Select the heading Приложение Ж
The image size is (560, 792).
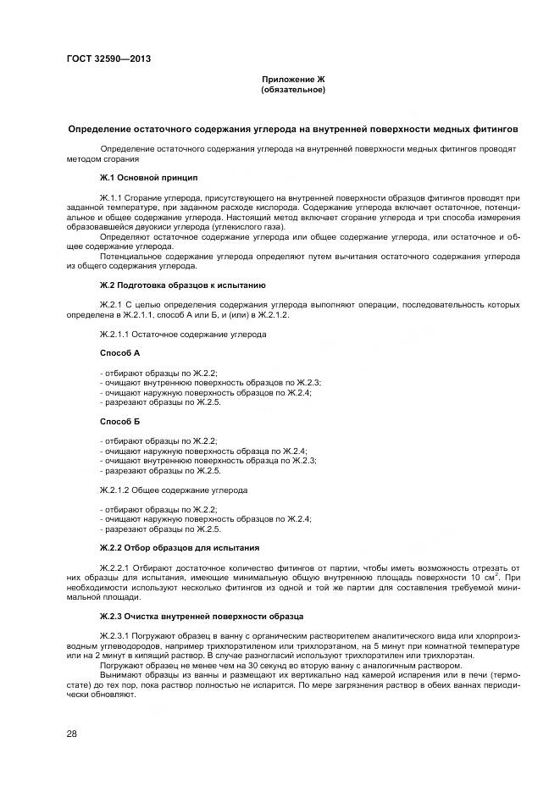coord(292,79)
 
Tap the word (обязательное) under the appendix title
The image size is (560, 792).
coord(292,89)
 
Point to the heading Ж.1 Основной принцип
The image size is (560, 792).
coord(148,178)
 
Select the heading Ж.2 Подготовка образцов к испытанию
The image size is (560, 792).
coord(183,285)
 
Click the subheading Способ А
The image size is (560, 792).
coord(119,352)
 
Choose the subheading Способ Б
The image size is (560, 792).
coord(119,421)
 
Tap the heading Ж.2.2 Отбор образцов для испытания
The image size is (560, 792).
coord(180,548)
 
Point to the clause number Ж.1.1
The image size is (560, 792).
coord(113,197)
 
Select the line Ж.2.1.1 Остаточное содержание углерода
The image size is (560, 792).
coord(183,334)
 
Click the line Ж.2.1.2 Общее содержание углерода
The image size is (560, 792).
coord(174,490)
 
